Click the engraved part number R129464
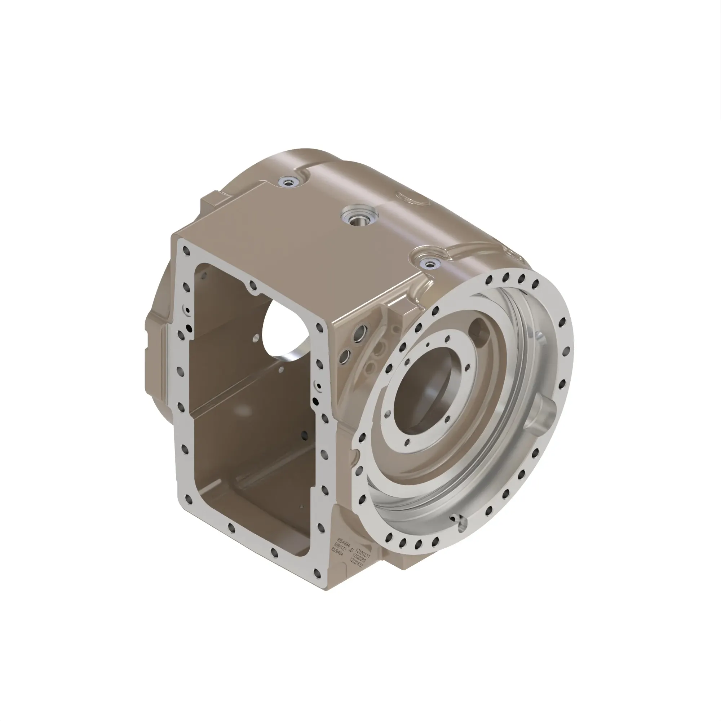point(337,553)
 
